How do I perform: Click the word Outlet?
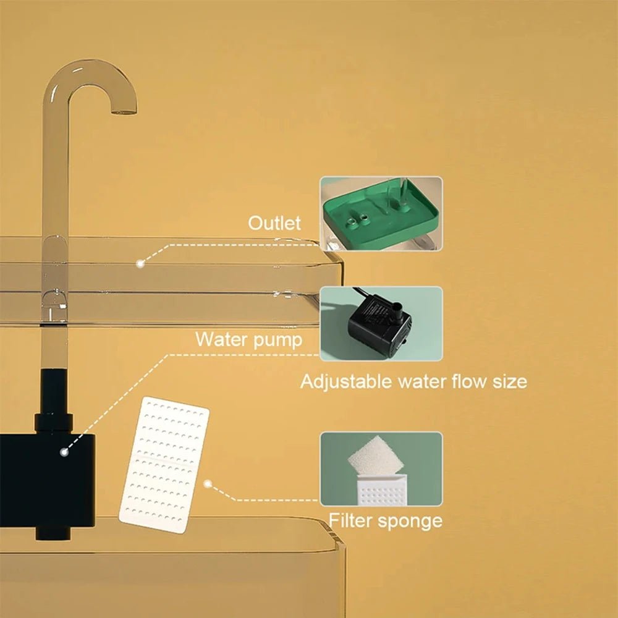pos(274,223)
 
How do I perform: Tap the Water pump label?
pos(248,339)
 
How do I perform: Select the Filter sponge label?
pos(385,520)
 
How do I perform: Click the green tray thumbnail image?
pos(381,213)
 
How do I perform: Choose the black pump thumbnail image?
pos(381,323)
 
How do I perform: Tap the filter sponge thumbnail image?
pos(381,468)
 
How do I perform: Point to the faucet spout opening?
pos(124,111)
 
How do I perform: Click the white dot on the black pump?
pos(64,452)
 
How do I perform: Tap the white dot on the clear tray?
pos(140,263)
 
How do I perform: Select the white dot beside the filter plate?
pos(208,485)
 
